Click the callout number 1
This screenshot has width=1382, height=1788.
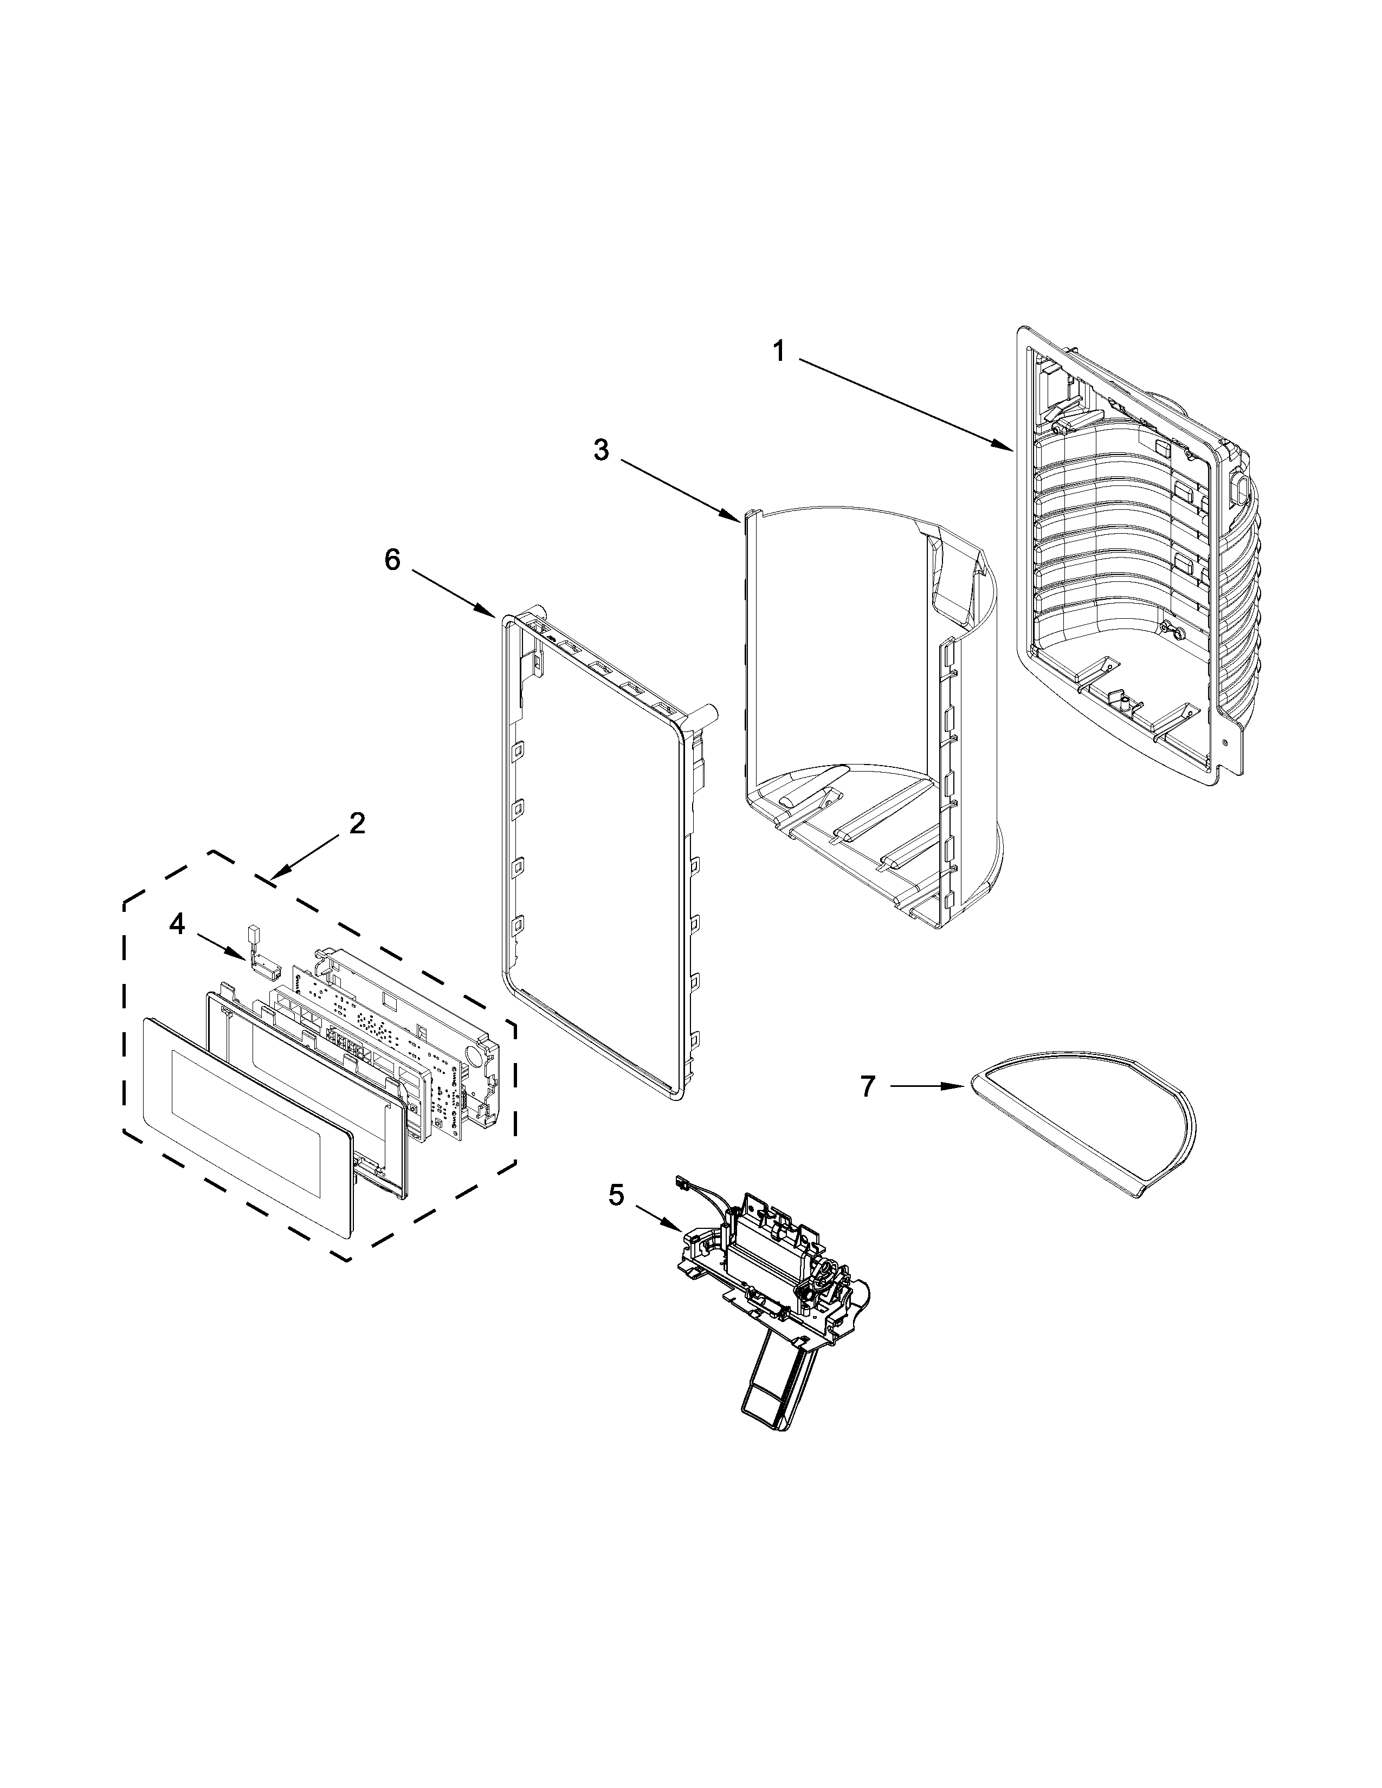click(x=779, y=352)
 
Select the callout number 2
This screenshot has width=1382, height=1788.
click(x=357, y=824)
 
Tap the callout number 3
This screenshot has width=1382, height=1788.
click(x=602, y=450)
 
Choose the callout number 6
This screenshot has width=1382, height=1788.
click(x=393, y=561)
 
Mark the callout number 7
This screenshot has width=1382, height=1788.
click(x=868, y=1086)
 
